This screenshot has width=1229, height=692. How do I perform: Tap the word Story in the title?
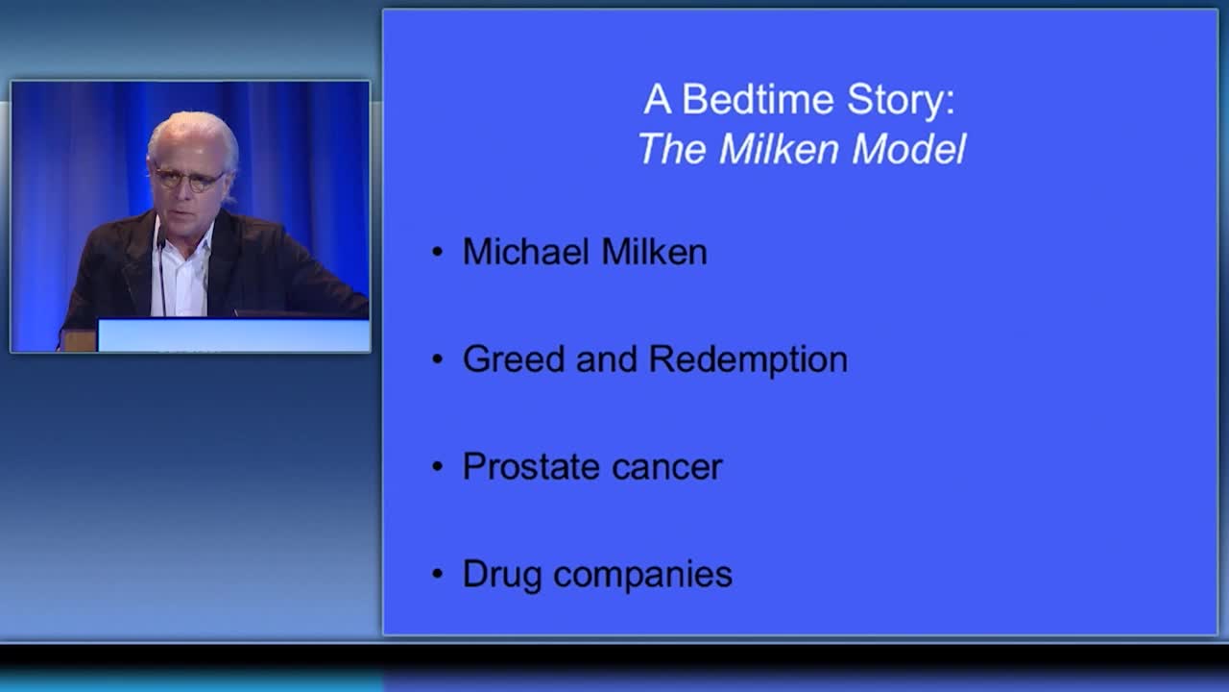901,101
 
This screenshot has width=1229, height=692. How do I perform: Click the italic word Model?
909,148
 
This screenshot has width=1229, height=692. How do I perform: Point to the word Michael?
526,252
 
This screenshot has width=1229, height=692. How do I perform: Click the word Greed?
514,358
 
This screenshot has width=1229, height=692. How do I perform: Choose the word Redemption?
748,360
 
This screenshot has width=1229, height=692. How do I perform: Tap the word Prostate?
531,466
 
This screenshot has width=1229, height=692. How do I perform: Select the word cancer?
666,468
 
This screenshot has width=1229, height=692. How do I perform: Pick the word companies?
642,575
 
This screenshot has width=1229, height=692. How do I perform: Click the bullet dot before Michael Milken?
437,252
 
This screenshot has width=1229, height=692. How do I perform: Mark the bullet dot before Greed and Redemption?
437,359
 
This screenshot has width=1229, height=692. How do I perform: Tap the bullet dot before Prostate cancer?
437,466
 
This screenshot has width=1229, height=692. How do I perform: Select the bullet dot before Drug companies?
437,574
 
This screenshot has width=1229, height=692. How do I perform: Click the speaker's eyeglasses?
188,179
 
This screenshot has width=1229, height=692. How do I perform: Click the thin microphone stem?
162,275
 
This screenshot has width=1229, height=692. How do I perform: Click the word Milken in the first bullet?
654,252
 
